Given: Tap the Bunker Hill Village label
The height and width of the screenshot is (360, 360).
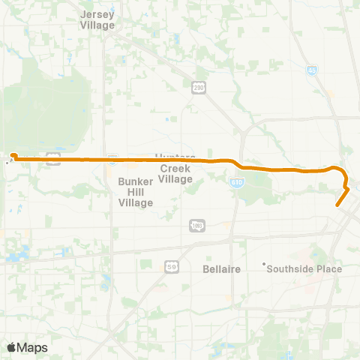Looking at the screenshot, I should pyautogui.click(x=136, y=192).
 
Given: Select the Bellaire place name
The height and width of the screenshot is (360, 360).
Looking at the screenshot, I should pyautogui.click(x=221, y=268).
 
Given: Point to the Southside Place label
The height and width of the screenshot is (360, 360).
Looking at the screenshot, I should pyautogui.click(x=304, y=268).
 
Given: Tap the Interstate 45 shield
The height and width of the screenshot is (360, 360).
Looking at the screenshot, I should pyautogui.click(x=312, y=70).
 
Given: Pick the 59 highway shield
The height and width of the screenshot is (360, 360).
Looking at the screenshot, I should pyautogui.click(x=171, y=265).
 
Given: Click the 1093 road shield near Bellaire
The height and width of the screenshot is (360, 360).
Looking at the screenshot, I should pyautogui.click(x=197, y=225).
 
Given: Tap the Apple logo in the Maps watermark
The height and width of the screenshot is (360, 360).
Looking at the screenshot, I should pyautogui.click(x=11, y=347).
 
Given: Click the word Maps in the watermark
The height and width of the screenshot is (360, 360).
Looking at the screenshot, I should pyautogui.click(x=32, y=347).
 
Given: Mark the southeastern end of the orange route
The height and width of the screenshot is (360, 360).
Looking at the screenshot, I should pyautogui.click(x=338, y=203).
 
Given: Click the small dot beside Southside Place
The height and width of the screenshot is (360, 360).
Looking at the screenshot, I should pyautogui.click(x=264, y=264).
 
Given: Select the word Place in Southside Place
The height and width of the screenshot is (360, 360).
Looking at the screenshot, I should pyautogui.click(x=328, y=268).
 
